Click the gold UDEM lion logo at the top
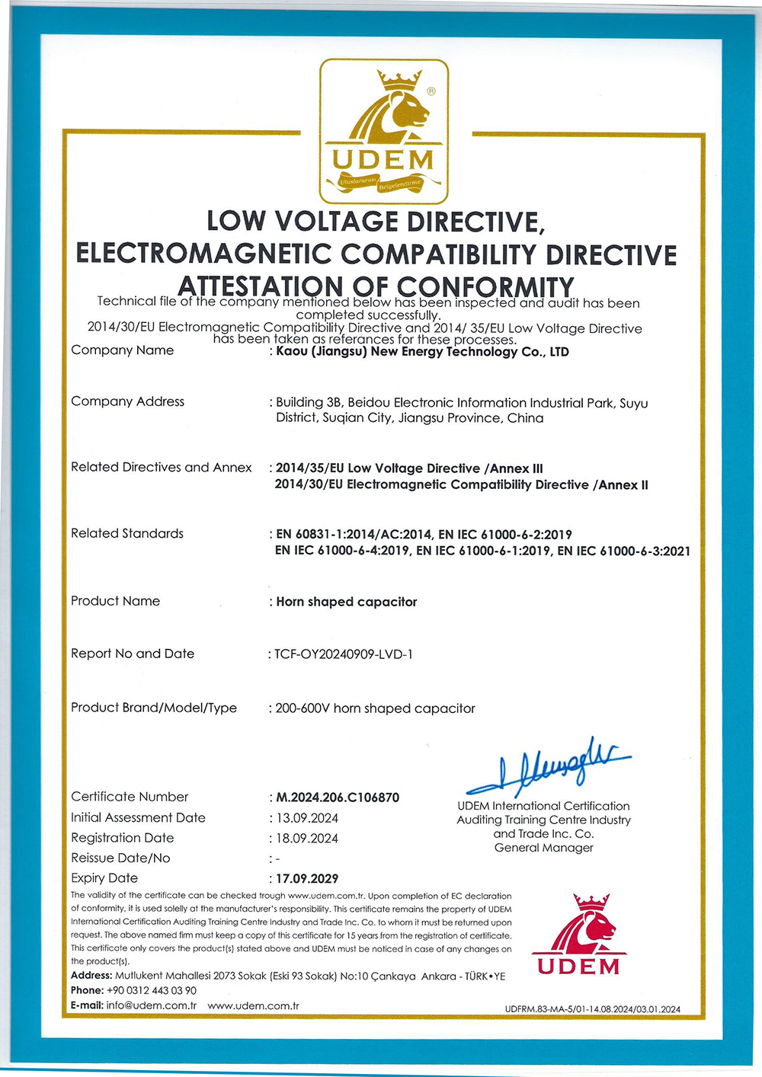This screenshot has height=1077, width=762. coord(383,131)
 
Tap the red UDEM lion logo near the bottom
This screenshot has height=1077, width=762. coord(579,935)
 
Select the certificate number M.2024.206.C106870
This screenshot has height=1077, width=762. coord(338,797)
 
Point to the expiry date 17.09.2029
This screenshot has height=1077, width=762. coord(307,878)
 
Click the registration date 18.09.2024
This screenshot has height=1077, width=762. coord(307,839)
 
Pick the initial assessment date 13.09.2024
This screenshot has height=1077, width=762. coord(307,818)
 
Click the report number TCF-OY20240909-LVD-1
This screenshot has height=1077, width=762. coord(344,654)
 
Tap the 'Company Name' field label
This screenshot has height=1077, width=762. coord(122,350)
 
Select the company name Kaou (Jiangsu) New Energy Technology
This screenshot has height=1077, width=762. coord(422,352)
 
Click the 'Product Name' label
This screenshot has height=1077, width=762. coord(115,601)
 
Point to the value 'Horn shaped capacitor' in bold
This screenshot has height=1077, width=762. coord(347,602)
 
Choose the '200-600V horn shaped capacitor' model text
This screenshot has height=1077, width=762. coord(375,708)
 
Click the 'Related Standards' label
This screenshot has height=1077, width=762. coord(127,533)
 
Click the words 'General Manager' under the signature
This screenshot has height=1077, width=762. coord(543,848)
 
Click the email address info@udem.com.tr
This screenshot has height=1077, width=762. coord(152,1005)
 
